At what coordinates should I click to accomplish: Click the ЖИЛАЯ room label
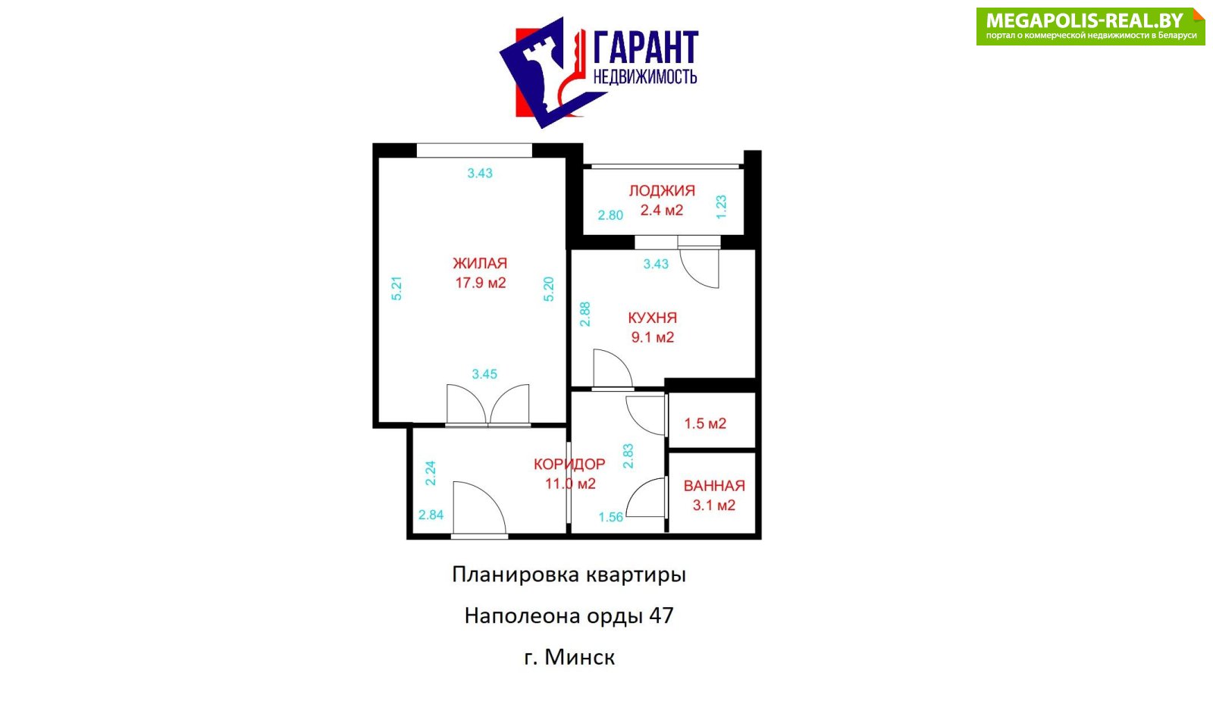[x=480, y=264]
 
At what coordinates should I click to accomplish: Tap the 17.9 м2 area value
[x=480, y=283]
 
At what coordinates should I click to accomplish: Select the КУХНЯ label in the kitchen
[x=652, y=318]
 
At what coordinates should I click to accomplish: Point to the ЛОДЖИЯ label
[x=661, y=191]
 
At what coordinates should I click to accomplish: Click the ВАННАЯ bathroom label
[x=714, y=486]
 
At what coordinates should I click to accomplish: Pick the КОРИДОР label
[x=569, y=464]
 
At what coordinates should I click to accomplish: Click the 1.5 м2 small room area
[x=705, y=424]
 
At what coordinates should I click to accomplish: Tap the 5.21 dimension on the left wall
[x=396, y=289]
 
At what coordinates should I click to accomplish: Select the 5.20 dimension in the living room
[x=549, y=289]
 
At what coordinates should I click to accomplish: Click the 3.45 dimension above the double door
[x=484, y=374]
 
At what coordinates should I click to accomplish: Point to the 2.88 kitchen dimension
[x=585, y=314]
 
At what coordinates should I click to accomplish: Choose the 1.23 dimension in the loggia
[x=721, y=207]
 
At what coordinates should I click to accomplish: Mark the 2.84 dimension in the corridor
[x=431, y=515]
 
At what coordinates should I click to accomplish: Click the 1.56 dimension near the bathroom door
[x=610, y=518]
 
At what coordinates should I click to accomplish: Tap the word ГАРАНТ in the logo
[x=645, y=49]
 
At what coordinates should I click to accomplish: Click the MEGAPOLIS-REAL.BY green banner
[x=1089, y=27]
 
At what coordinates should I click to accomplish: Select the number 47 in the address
[x=661, y=615]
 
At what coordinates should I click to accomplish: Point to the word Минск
[x=580, y=657]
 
